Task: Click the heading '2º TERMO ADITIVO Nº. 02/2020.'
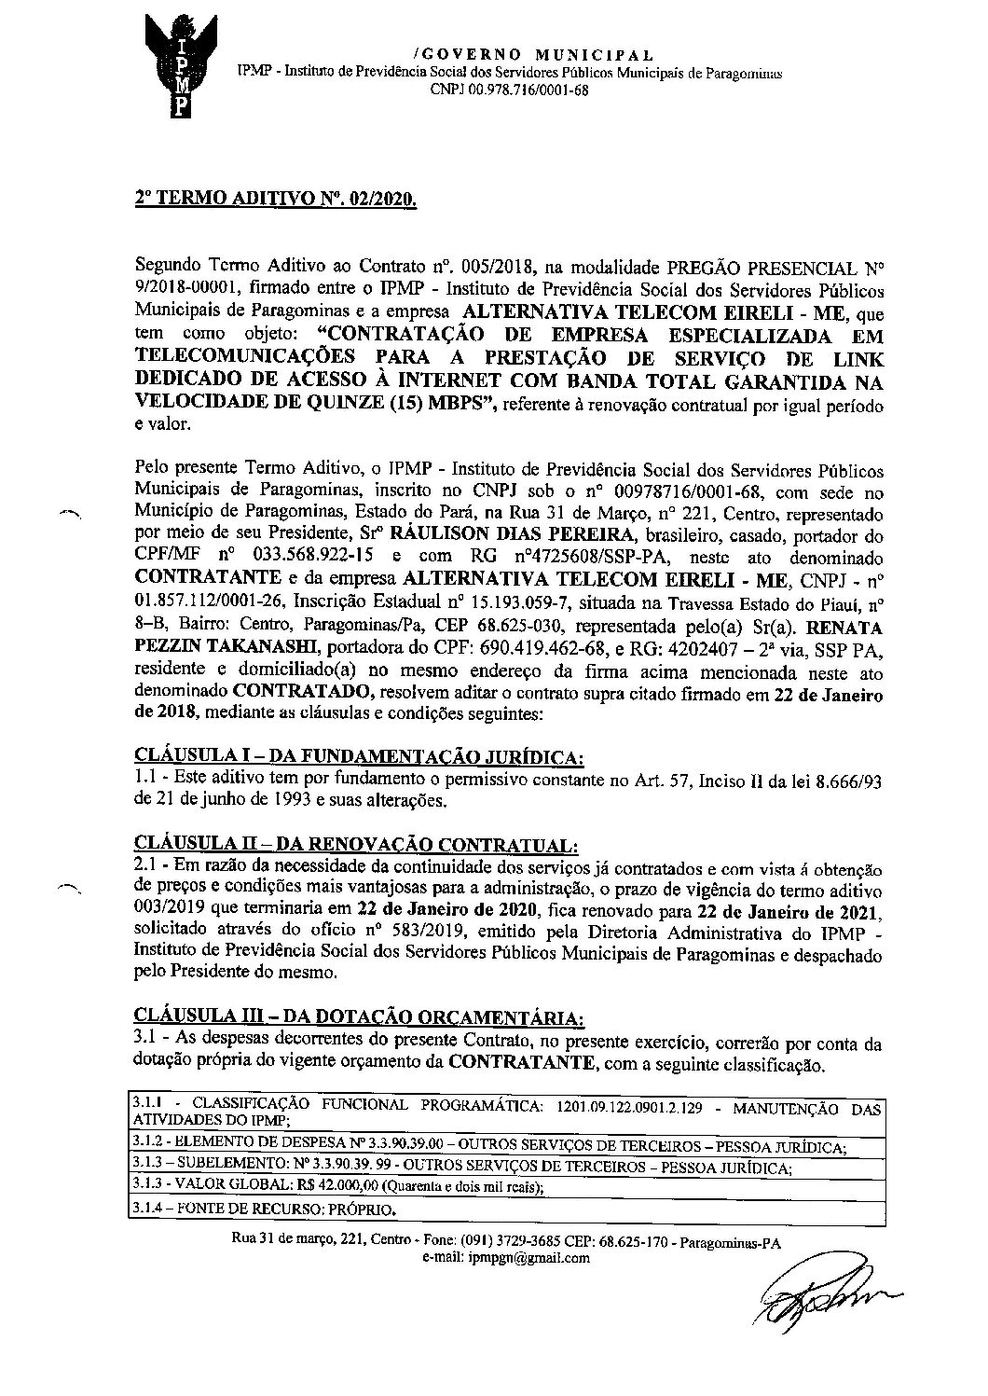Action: coord(275,199)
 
